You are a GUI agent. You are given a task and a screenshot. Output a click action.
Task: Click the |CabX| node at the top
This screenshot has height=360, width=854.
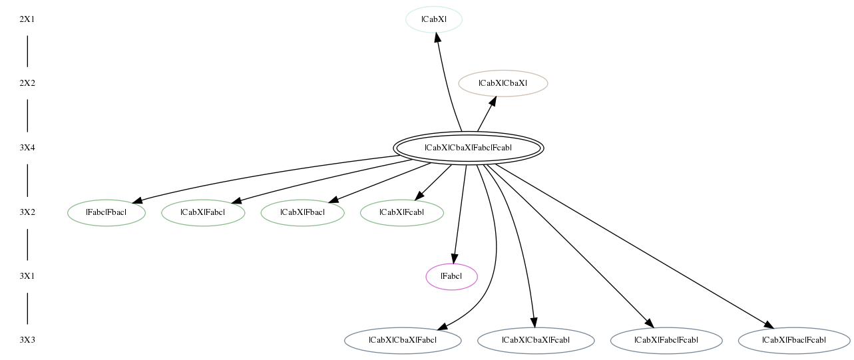[434, 19]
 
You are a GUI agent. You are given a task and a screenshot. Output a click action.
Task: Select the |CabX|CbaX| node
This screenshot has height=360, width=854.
[503, 83]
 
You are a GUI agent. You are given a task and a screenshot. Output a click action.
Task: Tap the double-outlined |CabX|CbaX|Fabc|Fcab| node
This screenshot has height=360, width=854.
[468, 148]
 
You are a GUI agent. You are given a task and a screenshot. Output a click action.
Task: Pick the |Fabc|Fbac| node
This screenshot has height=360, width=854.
[107, 212]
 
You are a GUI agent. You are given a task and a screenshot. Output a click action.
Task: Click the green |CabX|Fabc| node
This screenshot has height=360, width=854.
[203, 212]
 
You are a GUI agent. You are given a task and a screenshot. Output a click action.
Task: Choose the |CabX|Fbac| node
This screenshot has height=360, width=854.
[302, 212]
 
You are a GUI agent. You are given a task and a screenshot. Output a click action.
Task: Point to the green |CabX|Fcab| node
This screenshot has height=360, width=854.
[402, 212]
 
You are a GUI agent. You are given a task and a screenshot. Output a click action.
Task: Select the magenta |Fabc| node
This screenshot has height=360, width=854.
[451, 277]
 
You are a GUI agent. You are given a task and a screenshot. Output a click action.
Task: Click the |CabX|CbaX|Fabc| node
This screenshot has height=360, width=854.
[403, 341]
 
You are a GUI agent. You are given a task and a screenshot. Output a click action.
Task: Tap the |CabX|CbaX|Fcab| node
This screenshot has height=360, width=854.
[536, 341]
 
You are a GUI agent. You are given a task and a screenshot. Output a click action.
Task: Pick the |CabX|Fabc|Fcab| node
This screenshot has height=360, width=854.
[666, 341]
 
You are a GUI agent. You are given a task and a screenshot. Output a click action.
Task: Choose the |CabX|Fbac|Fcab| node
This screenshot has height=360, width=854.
[794, 341]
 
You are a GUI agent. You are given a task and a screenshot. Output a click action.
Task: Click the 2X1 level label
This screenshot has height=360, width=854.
[27, 19]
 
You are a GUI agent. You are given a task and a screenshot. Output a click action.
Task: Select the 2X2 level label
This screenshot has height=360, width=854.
[27, 83]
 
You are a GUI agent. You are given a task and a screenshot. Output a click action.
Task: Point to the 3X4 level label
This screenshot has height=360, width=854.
[27, 148]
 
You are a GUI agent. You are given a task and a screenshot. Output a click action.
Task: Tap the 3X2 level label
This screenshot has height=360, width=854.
[27, 212]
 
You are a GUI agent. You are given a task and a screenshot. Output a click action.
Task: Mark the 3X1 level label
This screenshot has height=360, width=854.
[27, 277]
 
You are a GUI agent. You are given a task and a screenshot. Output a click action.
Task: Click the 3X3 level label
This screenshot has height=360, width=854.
[27, 341]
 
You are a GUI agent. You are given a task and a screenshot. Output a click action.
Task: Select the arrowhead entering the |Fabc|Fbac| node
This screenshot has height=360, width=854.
[137, 201]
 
